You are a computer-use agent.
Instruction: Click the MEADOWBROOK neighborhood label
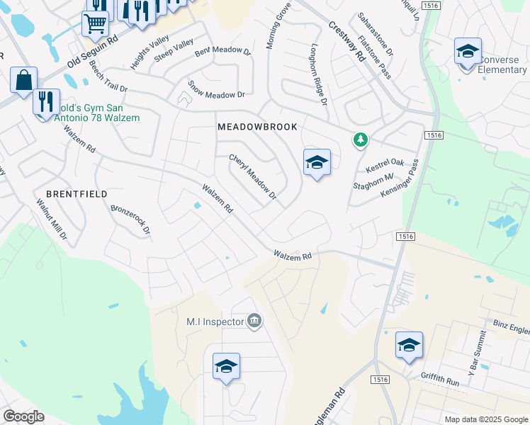point(257,126)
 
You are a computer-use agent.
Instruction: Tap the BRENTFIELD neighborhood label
point(77,193)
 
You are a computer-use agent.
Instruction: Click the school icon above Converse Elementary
point(468,52)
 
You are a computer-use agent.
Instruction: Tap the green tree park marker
point(361,140)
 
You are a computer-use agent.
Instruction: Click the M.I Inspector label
point(215,322)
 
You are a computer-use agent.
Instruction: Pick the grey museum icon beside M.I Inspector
point(254,322)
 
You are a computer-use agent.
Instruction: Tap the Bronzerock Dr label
point(130,220)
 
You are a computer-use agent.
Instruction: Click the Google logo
point(23,416)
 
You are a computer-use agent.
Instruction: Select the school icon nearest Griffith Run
point(409,346)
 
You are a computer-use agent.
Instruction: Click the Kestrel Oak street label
point(385,166)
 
